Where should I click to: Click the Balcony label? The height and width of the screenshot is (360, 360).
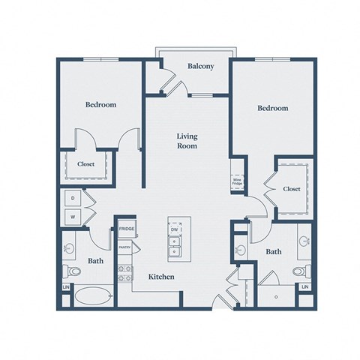point(200,66)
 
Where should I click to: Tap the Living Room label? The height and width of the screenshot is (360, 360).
point(187,141)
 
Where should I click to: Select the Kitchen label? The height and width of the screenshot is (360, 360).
point(161,277)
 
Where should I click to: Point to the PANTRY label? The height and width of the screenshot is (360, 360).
point(125,247)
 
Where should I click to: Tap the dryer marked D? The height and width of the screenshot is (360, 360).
point(73,199)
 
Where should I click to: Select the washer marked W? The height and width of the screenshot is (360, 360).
point(73,217)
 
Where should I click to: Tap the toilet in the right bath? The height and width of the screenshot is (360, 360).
point(299,271)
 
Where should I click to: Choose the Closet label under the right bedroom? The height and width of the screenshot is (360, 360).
point(292,189)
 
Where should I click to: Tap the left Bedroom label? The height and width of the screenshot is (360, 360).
point(100,105)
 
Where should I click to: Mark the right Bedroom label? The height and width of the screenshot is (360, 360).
point(273,108)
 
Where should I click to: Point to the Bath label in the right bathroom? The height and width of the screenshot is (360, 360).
point(274,252)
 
